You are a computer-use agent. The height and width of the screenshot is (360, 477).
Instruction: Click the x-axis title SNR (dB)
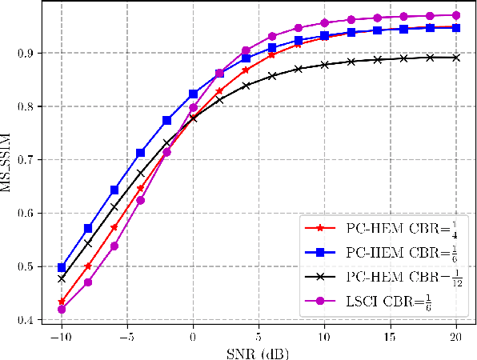point(259,351)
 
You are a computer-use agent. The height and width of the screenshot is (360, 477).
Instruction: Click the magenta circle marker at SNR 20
point(456,15)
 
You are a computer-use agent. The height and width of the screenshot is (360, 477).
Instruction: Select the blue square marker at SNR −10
point(62,267)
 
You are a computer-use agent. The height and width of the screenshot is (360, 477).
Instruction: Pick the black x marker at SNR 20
point(456,58)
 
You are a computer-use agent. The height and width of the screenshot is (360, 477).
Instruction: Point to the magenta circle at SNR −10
point(62,309)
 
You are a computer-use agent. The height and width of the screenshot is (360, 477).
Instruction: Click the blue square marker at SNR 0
point(193,94)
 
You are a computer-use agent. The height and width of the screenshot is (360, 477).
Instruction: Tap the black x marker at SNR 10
point(325,64)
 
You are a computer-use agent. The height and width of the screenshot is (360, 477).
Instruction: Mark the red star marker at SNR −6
point(114,227)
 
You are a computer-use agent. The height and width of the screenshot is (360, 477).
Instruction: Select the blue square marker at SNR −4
point(140,153)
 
